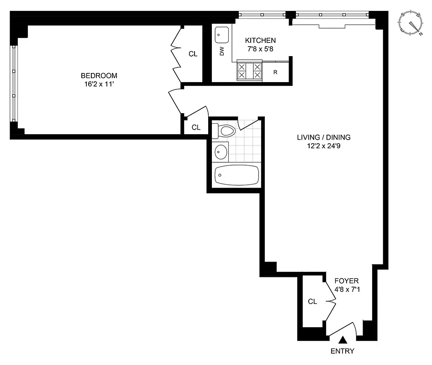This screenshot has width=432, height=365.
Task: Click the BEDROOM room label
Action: click(x=99, y=75)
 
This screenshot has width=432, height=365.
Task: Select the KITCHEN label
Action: click(x=260, y=40)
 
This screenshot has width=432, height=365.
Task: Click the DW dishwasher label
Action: click(x=222, y=51)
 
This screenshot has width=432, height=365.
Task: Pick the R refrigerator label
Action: click(x=275, y=72)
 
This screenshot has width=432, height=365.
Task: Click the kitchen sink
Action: click(x=222, y=33)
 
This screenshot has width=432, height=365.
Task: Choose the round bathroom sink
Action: click(x=221, y=151)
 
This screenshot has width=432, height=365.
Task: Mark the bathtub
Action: click(x=237, y=175)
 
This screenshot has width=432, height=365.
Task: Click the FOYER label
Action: click(x=346, y=281)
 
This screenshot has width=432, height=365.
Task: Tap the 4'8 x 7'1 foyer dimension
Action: click(x=346, y=289)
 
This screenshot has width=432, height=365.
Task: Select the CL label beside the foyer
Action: click(x=312, y=302)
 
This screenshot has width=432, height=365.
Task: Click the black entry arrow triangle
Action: click(x=343, y=340)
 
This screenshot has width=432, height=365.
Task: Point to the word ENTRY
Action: click(x=342, y=351)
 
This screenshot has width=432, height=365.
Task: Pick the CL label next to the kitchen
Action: click(x=193, y=54)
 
